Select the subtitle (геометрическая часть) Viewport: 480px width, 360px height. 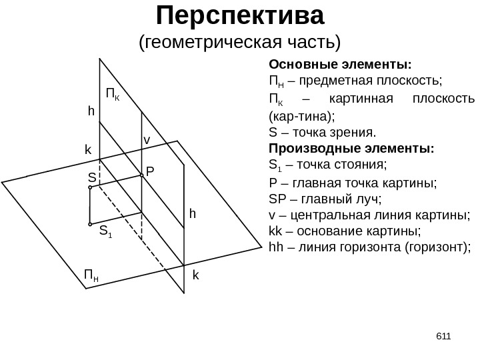click(x=239, y=43)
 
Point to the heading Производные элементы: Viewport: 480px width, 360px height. click(x=350, y=148)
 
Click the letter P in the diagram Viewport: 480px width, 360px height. click(x=150, y=172)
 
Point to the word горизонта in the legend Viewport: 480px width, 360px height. click(x=381, y=248)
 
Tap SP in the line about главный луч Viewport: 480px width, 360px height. click(x=275, y=198)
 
